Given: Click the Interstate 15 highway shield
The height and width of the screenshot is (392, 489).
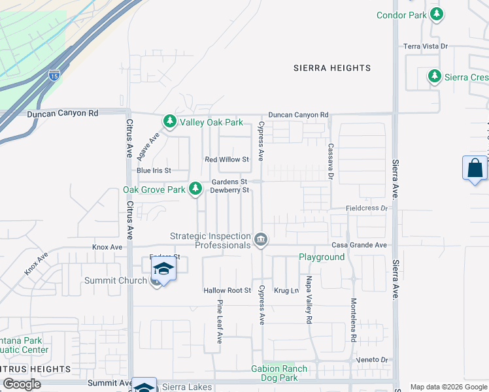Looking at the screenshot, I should click(54, 75).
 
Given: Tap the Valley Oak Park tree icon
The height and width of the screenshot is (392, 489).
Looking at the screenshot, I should click(169, 122).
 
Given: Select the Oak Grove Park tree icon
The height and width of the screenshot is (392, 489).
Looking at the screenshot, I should click(195, 189).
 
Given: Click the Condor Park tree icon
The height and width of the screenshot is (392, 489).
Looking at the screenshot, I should click(436, 14).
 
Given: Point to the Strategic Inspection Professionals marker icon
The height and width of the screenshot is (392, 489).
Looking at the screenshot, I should click(261, 240).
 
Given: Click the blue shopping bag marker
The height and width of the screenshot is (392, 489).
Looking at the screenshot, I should click(475, 169).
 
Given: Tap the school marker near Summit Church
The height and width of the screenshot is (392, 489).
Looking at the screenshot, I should click(163, 269).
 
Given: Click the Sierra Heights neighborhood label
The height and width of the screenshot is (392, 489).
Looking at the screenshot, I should click(332, 68).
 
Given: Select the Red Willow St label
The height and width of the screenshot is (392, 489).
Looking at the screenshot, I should click(227, 159).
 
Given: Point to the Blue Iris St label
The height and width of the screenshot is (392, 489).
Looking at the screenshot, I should click(154, 171).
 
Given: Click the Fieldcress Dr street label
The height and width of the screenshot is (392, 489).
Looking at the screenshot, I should click(367, 208).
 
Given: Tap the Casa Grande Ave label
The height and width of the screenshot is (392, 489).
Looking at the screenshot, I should click(359, 245).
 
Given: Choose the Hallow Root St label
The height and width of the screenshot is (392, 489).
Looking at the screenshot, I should click(228, 290).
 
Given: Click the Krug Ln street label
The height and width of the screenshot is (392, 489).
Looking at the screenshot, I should click(286, 290).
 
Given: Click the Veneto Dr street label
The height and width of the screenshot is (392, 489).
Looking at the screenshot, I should click(372, 360).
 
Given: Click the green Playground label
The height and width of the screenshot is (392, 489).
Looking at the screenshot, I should click(322, 257).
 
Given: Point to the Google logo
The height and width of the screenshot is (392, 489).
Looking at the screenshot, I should click(22, 384).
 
